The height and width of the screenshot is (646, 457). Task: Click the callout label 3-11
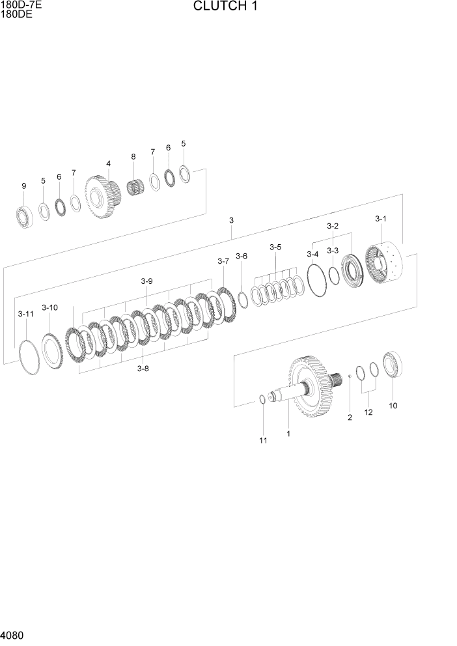[x=25, y=314]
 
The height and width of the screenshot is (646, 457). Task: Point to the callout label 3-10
[x=49, y=307]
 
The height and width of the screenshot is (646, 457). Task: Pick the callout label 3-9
[x=146, y=281]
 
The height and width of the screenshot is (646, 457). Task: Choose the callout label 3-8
[x=143, y=369]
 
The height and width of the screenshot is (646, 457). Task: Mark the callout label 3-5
[x=275, y=247]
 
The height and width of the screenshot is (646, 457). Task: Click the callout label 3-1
[x=381, y=219]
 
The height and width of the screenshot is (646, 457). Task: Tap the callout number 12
[x=368, y=412]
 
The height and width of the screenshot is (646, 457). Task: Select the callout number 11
[x=263, y=441]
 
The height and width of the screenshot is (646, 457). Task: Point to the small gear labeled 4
[x=102, y=197]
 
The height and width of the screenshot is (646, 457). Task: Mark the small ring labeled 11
[x=262, y=399]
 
